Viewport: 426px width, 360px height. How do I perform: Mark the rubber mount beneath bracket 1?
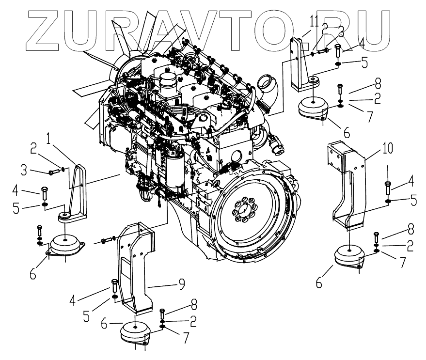pos(65,245)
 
